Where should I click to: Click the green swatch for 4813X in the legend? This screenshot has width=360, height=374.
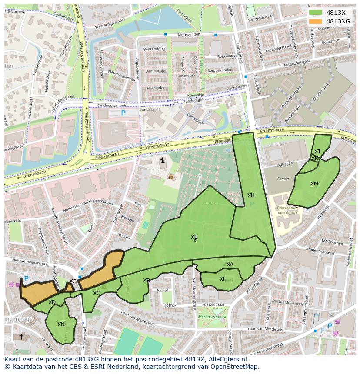316,13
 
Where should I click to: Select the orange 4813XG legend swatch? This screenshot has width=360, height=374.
316,21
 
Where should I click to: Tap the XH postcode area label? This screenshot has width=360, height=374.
251,195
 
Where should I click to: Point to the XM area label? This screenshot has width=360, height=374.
314,184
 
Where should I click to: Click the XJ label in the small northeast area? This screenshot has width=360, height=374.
317,152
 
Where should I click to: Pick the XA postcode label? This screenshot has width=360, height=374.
230,265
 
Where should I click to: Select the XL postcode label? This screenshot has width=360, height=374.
223,279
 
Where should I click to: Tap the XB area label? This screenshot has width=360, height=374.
147,281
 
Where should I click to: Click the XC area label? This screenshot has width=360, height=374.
97,293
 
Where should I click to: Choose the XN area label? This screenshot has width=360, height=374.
61,324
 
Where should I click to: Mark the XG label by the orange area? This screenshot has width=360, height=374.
73,281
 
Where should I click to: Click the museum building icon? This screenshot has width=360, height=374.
171,177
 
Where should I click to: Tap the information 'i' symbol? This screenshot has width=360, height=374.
163,161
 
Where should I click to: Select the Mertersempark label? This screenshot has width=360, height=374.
212,317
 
